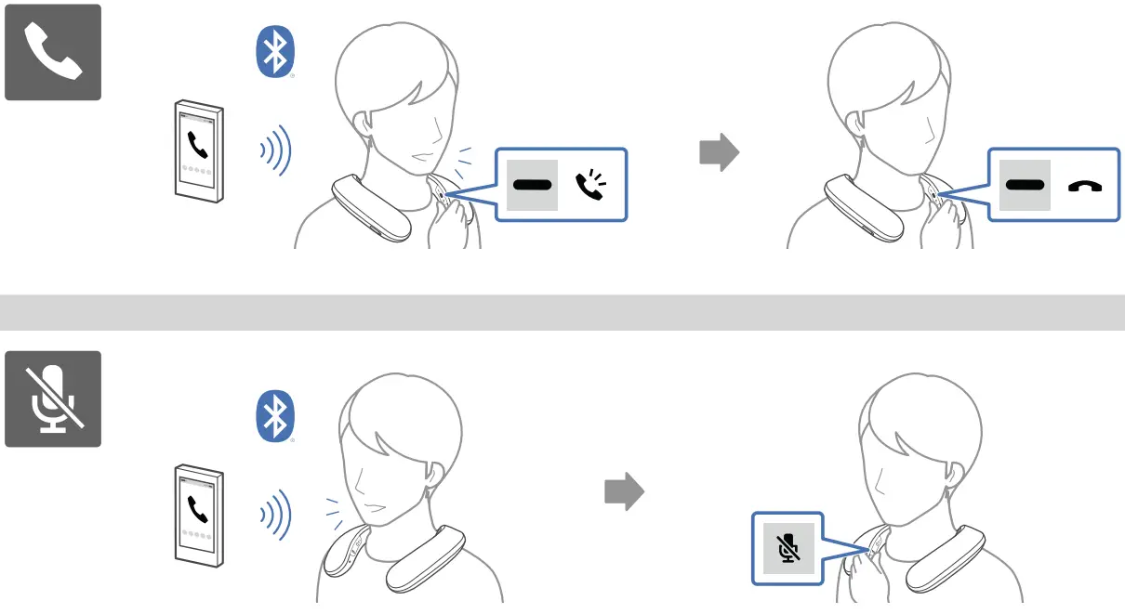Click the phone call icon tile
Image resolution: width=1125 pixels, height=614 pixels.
click(53, 52)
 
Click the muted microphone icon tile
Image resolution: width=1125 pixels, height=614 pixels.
click(53, 398)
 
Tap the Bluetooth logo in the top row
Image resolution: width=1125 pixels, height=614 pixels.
click(275, 52)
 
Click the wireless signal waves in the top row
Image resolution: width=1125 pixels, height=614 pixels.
click(276, 150)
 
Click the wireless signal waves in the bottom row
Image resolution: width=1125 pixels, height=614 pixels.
click(276, 513)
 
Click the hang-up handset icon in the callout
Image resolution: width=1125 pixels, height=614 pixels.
click(1084, 186)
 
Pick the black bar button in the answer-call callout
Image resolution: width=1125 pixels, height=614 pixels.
click(532, 185)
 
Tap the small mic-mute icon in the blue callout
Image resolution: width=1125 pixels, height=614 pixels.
click(788, 548)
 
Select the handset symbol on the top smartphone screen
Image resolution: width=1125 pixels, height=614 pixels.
click(197, 144)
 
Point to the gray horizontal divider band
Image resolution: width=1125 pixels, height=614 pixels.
click(562, 312)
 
